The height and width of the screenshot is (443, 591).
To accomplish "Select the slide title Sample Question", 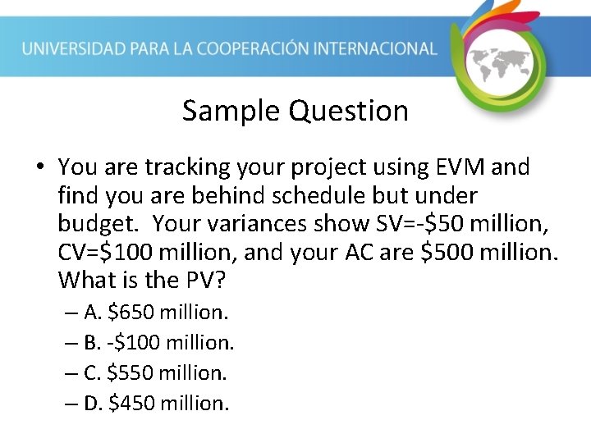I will (x=295, y=110).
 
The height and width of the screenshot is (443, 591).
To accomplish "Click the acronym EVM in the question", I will (x=457, y=167).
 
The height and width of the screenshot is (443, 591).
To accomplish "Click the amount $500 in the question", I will (x=451, y=252).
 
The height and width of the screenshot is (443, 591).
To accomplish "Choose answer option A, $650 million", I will (x=156, y=312).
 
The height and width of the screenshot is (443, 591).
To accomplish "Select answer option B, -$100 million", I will (x=158, y=342).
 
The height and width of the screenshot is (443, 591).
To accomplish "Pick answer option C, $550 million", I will (x=155, y=372).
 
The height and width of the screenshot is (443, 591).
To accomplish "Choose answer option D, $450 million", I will (x=156, y=403).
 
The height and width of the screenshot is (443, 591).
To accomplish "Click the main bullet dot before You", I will (x=39, y=168).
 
